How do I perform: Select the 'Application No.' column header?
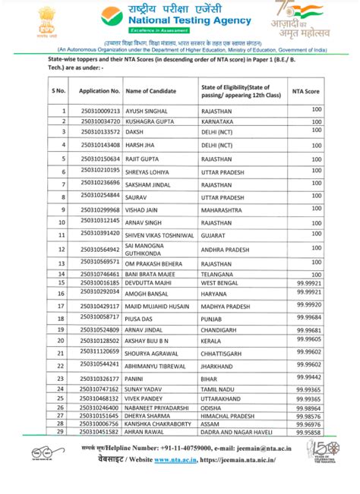[x=99, y=90]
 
